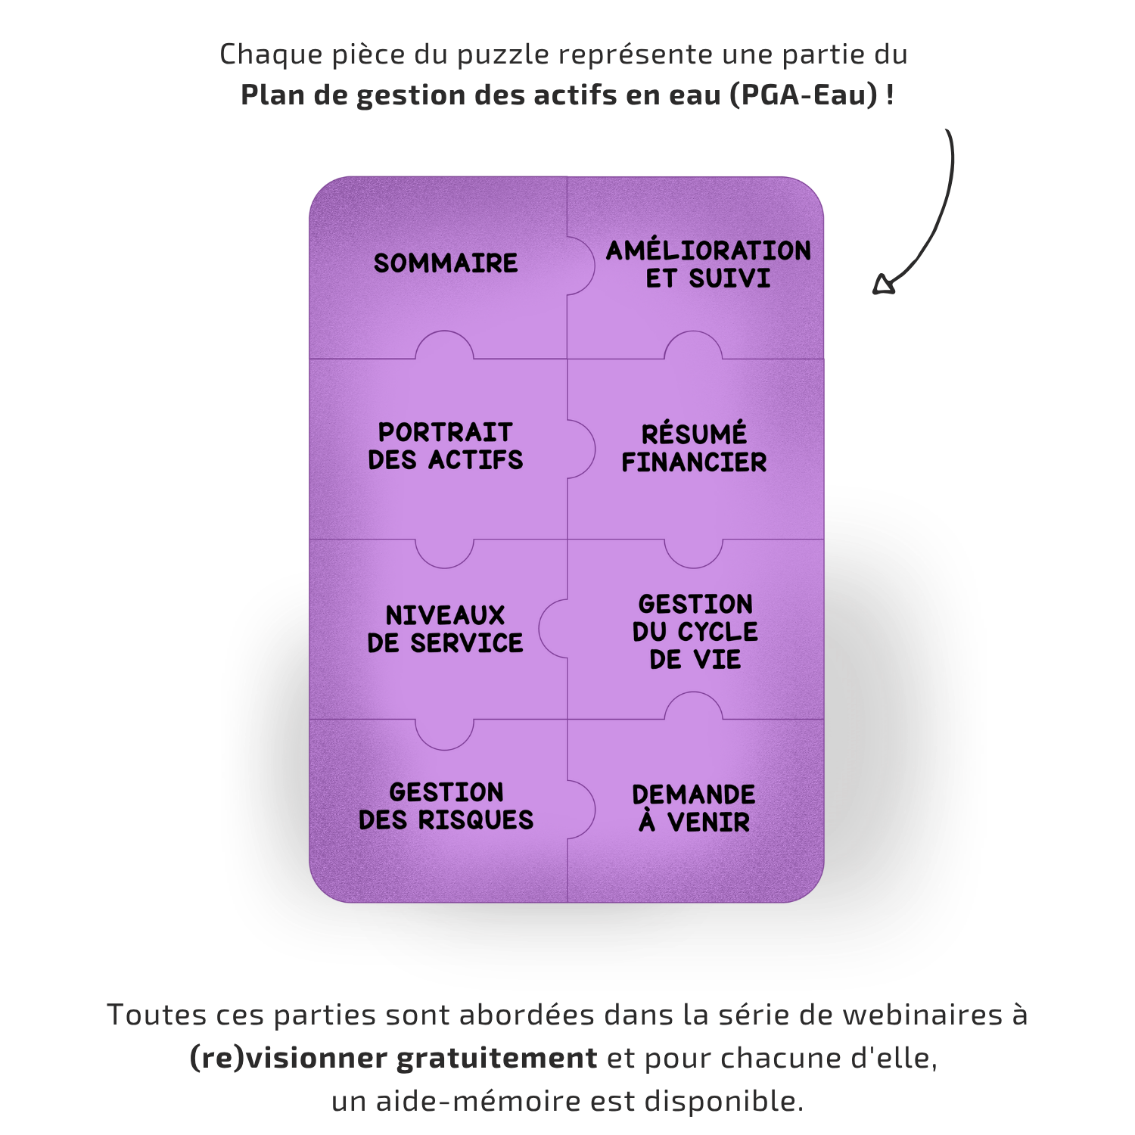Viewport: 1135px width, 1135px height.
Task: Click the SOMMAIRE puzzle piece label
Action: tap(446, 263)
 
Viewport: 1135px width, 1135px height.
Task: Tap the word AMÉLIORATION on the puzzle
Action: tap(708, 250)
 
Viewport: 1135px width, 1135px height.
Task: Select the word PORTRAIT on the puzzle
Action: tap(445, 432)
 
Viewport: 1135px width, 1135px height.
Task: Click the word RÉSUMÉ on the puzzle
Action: tap(694, 434)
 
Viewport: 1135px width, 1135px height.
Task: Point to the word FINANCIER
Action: tap(694, 462)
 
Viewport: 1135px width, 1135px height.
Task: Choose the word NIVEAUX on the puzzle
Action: tap(445, 615)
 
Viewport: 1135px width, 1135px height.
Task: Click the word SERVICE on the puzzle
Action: tap(466, 643)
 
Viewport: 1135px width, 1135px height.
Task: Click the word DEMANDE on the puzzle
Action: tap(694, 794)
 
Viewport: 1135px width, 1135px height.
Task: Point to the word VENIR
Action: tap(708, 822)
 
